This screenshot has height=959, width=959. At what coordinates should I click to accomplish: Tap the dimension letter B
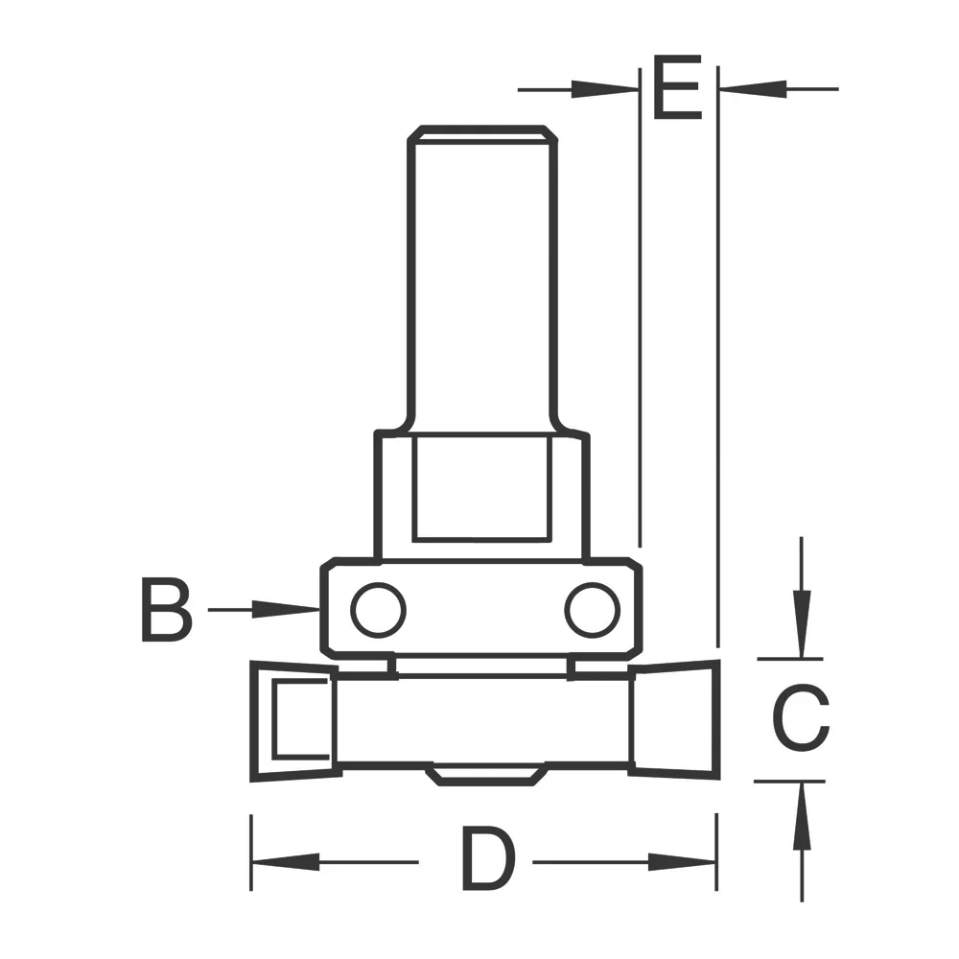167,609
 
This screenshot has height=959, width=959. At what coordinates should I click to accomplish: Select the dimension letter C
801,719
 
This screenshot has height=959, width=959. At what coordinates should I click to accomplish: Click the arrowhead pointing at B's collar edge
288,609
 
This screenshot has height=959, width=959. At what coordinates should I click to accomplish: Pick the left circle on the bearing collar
378,609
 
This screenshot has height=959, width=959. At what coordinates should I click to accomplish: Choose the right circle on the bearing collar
591,609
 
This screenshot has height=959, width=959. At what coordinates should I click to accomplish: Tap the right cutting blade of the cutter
674,719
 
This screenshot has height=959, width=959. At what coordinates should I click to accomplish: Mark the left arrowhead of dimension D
278,861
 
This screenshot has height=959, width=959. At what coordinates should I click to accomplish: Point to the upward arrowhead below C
802,815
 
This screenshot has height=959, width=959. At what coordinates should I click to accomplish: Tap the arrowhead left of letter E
604,89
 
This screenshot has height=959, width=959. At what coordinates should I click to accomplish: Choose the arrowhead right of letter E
753,89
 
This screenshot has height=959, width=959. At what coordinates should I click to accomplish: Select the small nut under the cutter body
485,773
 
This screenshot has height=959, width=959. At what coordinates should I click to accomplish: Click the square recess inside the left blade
300,719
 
